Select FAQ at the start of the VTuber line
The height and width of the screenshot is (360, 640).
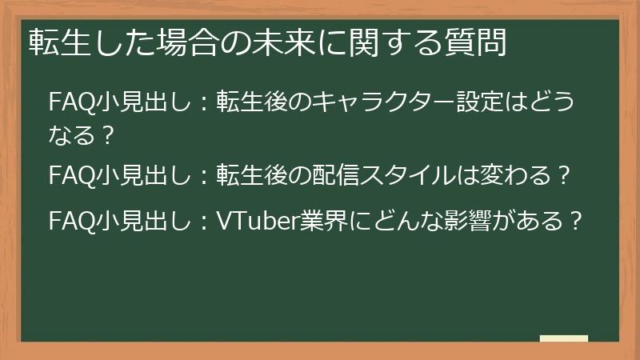(x=66, y=218)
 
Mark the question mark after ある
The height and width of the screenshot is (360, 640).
(x=572, y=218)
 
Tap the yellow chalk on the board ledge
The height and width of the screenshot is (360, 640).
(x=564, y=339)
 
